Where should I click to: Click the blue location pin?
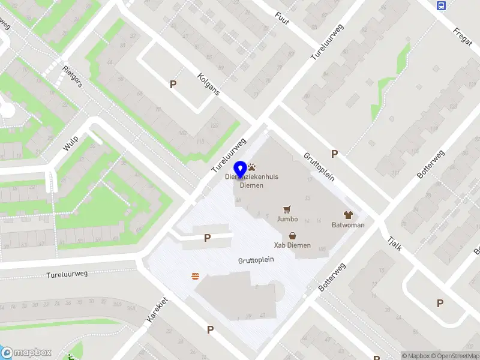pyautogui.click(x=240, y=170)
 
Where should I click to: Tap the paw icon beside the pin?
pyautogui.click(x=252, y=167)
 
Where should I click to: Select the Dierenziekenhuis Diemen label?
pyautogui.click(x=244, y=181)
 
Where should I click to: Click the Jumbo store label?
pyautogui.click(x=287, y=219)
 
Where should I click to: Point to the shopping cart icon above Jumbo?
pyautogui.click(x=287, y=209)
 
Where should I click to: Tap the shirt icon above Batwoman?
pyautogui.click(x=348, y=214)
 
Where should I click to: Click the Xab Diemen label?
pyautogui.click(x=293, y=245)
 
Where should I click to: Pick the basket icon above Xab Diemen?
pyautogui.click(x=293, y=236)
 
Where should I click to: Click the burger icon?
pyautogui.click(x=195, y=276)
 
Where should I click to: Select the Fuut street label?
pyautogui.click(x=281, y=18)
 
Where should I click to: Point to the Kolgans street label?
pyautogui.click(x=209, y=85)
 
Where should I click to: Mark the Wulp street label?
pyautogui.click(x=71, y=143)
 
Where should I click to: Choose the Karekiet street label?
pyautogui.click(x=156, y=310)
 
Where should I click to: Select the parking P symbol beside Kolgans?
pyautogui.click(x=173, y=85)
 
